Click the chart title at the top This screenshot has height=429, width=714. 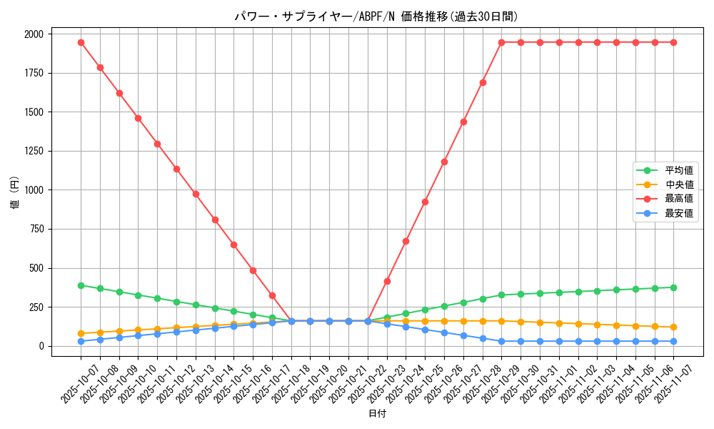tap(376, 16)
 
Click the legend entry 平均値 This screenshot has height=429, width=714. tap(679, 170)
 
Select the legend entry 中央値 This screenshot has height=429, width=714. tap(679, 184)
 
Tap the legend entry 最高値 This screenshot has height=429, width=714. tap(679, 199)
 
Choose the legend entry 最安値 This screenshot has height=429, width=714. tap(679, 213)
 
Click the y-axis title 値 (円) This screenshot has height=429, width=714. tap(14, 194)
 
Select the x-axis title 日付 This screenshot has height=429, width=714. tap(376, 414)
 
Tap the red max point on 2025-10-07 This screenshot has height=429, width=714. tap(81, 42)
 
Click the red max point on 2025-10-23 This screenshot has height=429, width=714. tap(387, 281)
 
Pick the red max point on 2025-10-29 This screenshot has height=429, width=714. tap(501, 42)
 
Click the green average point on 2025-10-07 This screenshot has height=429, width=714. tap(81, 285)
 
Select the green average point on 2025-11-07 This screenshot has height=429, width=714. tap(673, 287)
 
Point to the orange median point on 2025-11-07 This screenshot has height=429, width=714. tap(673, 327)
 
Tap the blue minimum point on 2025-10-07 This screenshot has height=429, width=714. tap(81, 341)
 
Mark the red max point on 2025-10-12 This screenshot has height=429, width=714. tap(176, 169)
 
